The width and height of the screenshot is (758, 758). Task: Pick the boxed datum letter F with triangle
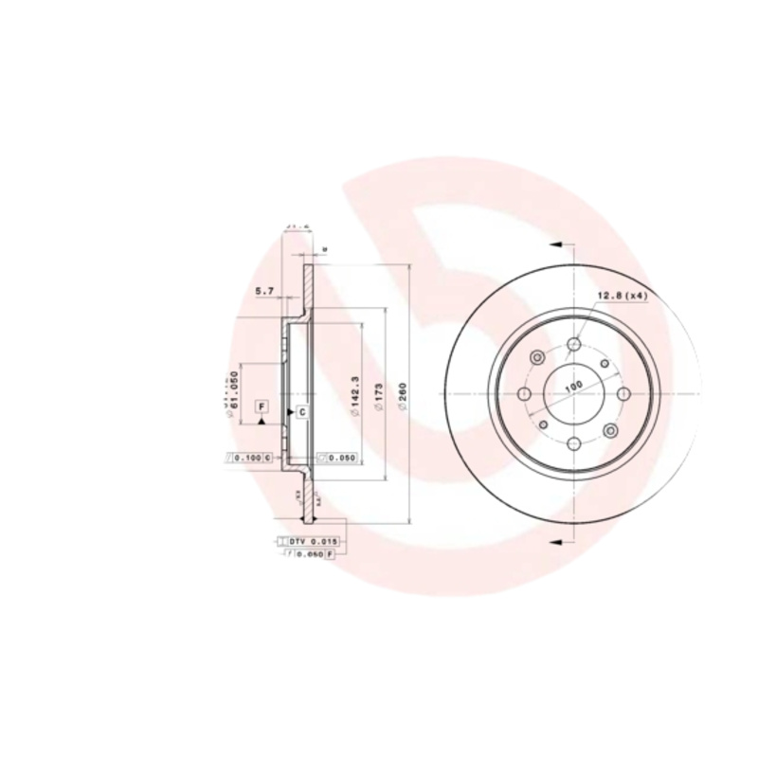[x=262, y=408]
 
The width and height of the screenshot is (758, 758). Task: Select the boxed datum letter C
[x=301, y=412]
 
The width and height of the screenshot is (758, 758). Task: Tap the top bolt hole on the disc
[x=573, y=346]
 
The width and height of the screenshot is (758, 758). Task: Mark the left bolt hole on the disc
[x=526, y=393]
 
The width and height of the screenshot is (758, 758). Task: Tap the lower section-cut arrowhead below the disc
[x=556, y=541]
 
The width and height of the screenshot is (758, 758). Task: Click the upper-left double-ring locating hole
[x=539, y=357]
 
